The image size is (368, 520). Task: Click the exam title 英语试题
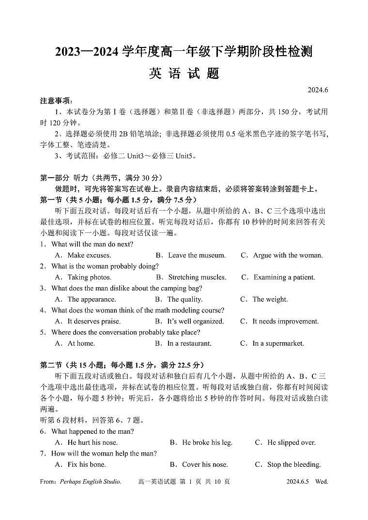(184, 73)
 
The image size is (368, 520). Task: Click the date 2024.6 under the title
(318, 90)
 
